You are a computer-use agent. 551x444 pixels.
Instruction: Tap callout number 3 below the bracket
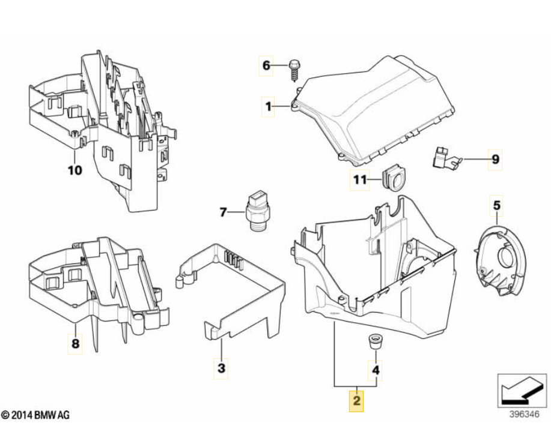221,368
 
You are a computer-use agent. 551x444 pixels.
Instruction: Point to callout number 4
376,370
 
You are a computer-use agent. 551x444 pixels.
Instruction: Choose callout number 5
496,206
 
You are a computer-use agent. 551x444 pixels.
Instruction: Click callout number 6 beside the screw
266,65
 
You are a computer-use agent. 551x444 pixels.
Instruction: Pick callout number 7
223,212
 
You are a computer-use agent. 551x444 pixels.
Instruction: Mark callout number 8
75,344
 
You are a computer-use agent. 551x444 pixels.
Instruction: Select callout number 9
495,160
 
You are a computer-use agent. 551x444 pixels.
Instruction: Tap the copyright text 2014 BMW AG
35,415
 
